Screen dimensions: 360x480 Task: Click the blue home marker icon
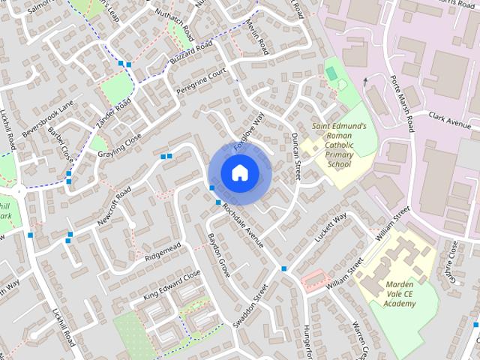238,173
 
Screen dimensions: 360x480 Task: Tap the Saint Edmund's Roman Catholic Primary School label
339,145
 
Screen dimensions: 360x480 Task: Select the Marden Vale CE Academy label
400,293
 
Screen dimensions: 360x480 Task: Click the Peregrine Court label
201,83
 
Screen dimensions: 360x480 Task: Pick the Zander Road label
113,112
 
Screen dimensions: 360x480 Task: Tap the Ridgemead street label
163,252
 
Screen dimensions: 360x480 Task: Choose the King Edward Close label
172,286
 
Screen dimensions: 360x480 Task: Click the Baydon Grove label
218,256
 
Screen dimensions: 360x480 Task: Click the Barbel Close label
61,145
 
